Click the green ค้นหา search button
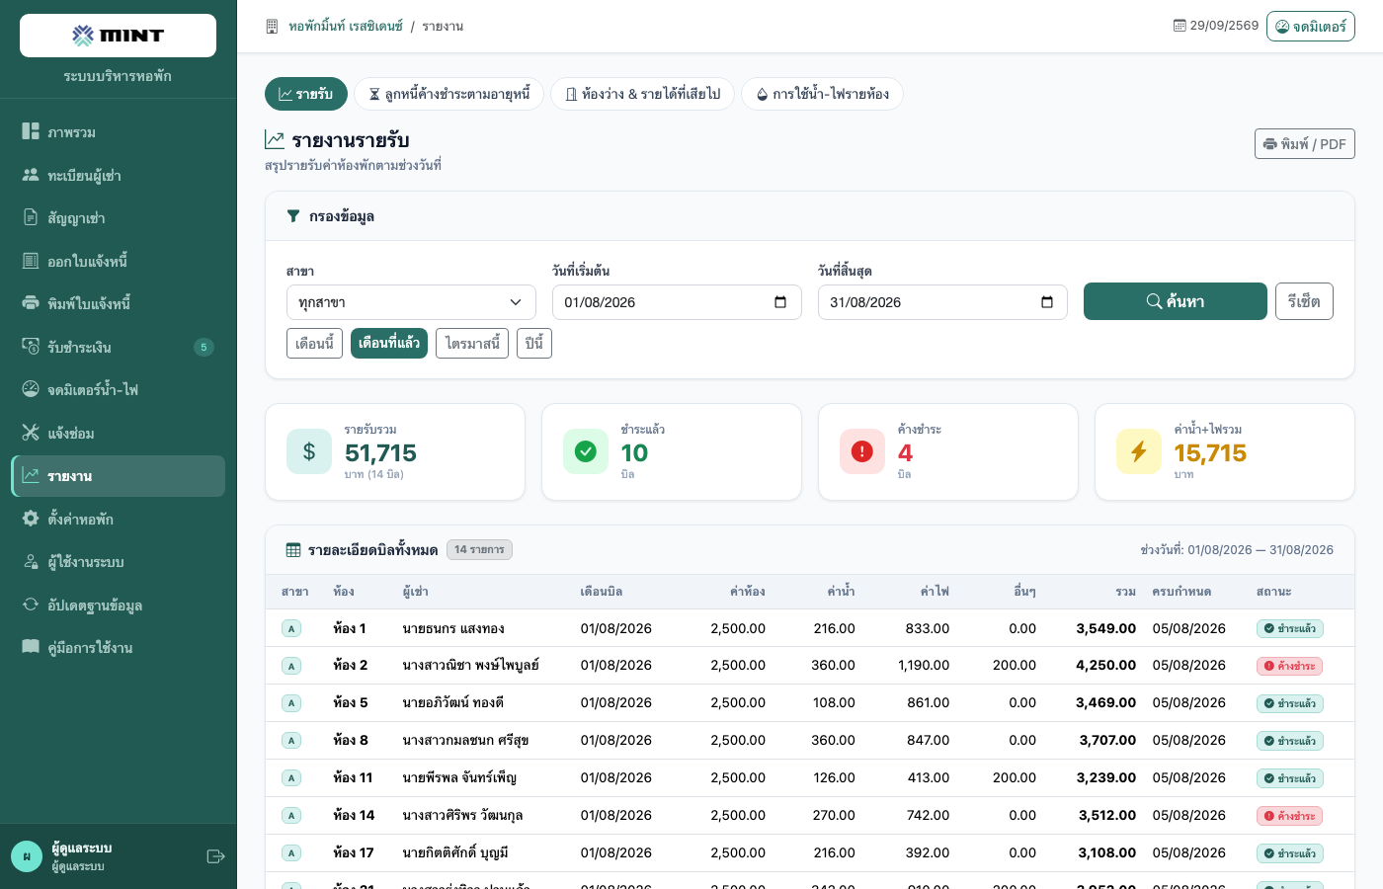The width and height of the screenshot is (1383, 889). pos(1175,301)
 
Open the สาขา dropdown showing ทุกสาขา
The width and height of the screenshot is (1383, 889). pos(411,302)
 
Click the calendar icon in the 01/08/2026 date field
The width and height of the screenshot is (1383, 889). pos(780,302)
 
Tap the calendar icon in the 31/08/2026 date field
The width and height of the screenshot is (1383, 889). pos(1046,302)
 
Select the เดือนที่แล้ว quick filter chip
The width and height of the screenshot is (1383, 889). pos(389,344)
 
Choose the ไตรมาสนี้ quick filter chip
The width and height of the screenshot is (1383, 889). pos(472,344)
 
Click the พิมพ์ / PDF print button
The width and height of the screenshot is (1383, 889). pos(1305,144)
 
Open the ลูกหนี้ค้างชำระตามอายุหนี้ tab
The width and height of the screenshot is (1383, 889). pos(448,94)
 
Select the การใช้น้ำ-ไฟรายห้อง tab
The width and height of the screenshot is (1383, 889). pos(822,94)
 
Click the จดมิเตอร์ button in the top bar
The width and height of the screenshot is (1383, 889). pos(1310,27)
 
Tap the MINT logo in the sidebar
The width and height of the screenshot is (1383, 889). pos(118,36)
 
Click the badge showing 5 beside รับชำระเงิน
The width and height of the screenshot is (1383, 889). pos(203,347)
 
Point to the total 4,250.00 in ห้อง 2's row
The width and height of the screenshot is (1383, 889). pos(1105,665)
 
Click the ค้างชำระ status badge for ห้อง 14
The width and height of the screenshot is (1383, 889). pos(1289,816)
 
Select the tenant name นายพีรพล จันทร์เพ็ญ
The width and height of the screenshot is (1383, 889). pos(458,778)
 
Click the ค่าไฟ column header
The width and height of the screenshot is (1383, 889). pos(935,592)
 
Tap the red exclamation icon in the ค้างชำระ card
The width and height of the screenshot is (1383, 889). pos(861,451)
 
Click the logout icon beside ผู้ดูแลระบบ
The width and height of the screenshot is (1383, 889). pos(215,856)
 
